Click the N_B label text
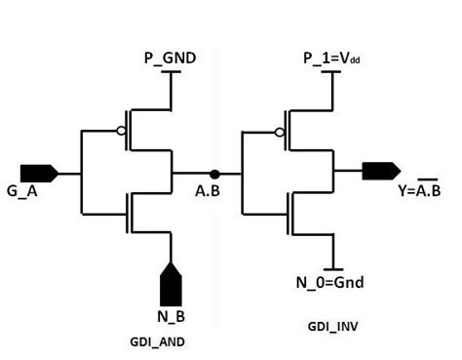[x=170, y=316]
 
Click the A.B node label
[x=207, y=191]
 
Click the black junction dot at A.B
[x=214, y=174]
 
